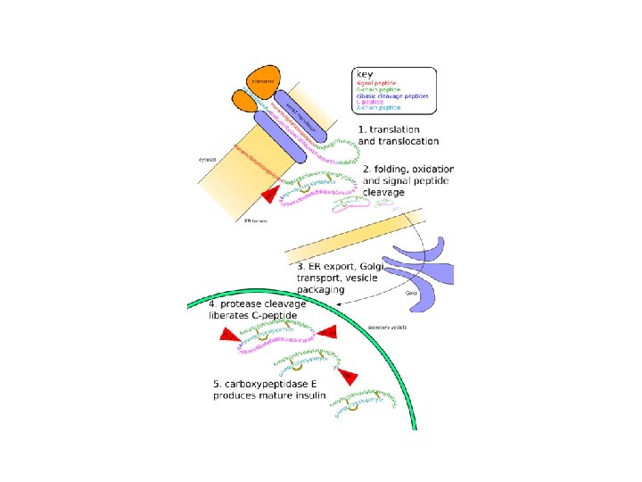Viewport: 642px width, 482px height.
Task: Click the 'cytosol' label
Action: click(206, 161)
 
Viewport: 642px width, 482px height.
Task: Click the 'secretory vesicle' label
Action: click(386, 327)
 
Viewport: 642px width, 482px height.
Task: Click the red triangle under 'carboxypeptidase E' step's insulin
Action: click(346, 377)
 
